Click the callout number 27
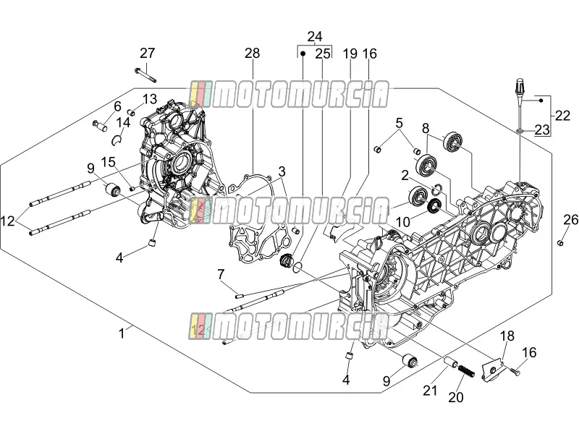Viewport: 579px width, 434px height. pyautogui.click(x=148, y=53)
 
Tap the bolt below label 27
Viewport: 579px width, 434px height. pyautogui.click(x=145, y=75)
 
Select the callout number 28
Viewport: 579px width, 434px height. pyautogui.click(x=252, y=53)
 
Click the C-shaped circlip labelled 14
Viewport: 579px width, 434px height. pyautogui.click(x=117, y=140)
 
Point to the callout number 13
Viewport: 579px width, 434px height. pyautogui.click(x=150, y=99)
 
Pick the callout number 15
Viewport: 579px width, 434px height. pyautogui.click(x=109, y=162)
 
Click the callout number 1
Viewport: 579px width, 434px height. pyautogui.click(x=122, y=333)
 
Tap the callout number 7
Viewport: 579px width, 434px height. pyautogui.click(x=221, y=274)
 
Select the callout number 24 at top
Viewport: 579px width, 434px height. pyautogui.click(x=315, y=37)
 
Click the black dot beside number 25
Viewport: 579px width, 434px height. pyautogui.click(x=303, y=54)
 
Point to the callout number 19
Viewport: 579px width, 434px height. pyautogui.click(x=350, y=54)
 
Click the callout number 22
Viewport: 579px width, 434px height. pyautogui.click(x=562, y=116)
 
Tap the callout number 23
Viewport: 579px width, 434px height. pyautogui.click(x=542, y=130)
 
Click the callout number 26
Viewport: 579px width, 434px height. pyautogui.click(x=571, y=220)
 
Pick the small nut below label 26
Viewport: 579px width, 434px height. pyautogui.click(x=560, y=242)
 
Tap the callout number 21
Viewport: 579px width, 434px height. pyautogui.click(x=430, y=391)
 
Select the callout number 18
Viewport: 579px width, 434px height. pyautogui.click(x=507, y=336)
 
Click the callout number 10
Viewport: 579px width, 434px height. pyautogui.click(x=403, y=222)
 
